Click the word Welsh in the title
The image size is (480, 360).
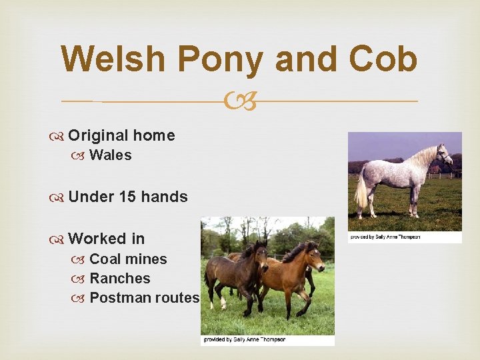point(111,59)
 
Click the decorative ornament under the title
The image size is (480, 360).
point(240,101)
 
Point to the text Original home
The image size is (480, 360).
point(121,136)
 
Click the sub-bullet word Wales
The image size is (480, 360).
point(110,155)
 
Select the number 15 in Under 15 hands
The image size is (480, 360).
point(127,197)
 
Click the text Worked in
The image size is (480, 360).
point(106,239)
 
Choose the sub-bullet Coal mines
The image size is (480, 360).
point(128,259)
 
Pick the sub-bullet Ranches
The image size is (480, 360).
point(119,279)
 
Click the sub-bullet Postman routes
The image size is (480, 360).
point(144,298)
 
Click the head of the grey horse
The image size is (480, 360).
point(444,155)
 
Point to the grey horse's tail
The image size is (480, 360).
point(361,190)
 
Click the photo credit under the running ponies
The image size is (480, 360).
point(245,339)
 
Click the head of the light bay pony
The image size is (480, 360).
point(314,256)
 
